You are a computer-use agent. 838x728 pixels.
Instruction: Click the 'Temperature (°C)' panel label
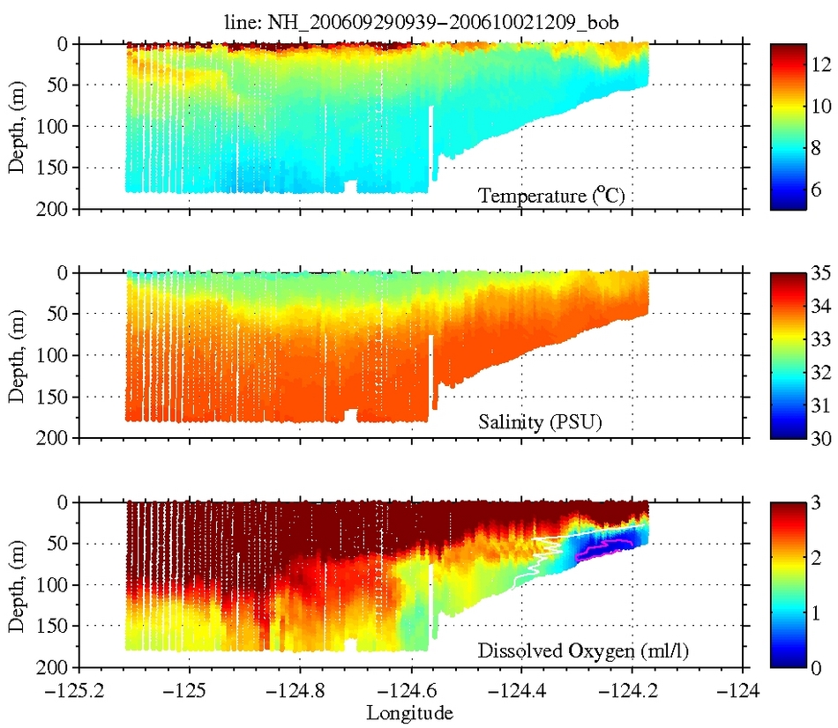pos(552,195)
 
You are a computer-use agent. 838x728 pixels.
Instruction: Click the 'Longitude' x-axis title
pos(411,711)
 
